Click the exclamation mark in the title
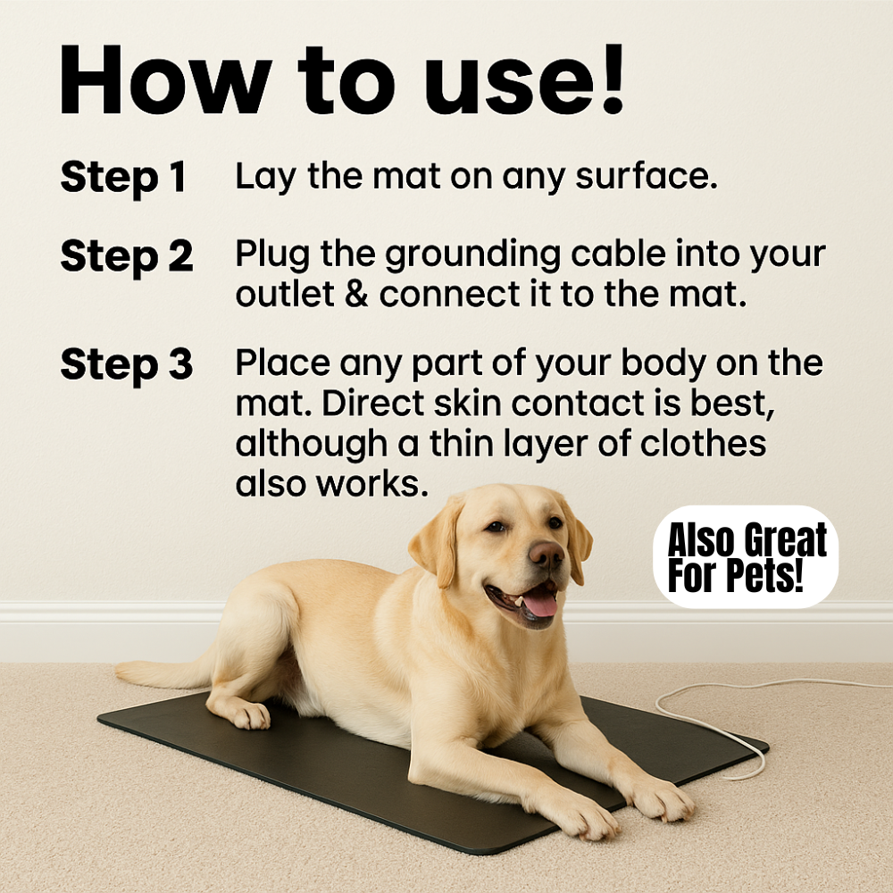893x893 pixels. [x=613, y=79]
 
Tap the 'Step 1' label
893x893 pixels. [x=123, y=177]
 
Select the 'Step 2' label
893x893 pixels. [x=127, y=256]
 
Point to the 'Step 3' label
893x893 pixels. [x=127, y=364]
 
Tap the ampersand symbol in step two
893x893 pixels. [x=356, y=294]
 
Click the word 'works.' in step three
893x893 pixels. [x=371, y=484]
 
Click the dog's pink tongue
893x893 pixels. [x=538, y=604]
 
